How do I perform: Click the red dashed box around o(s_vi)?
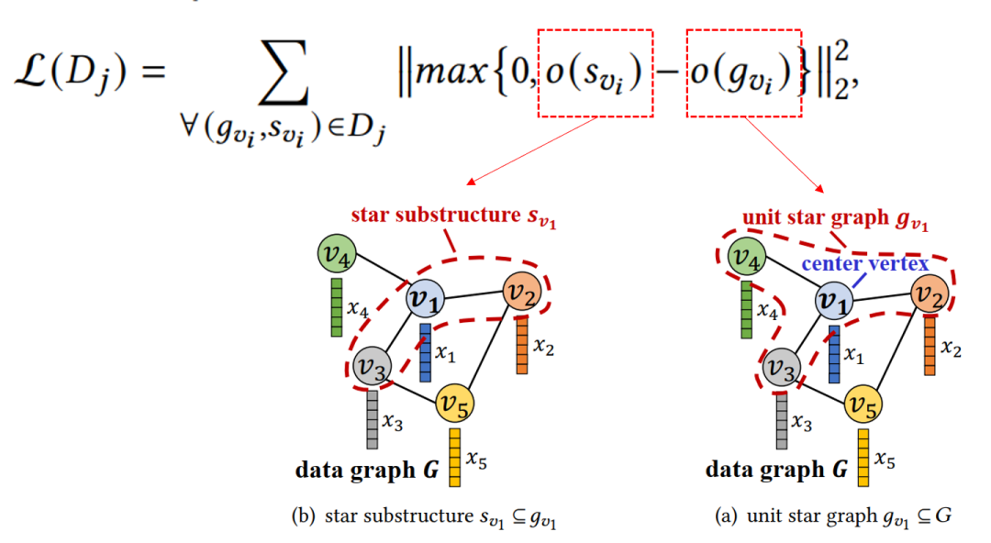pos(595,73)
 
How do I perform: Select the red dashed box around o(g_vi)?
pos(744,73)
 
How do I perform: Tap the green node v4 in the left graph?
pos(336,254)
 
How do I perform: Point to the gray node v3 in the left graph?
pos(373,366)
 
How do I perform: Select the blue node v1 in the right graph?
pos(834,300)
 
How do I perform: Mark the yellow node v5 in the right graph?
pos(864,404)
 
